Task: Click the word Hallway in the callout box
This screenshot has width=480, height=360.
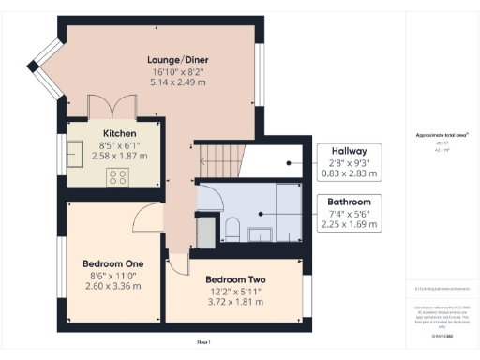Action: click(349, 151)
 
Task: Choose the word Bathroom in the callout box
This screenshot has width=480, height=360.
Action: click(349, 202)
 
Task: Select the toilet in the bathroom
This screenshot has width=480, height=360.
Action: click(232, 228)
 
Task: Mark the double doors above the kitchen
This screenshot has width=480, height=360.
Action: click(102, 105)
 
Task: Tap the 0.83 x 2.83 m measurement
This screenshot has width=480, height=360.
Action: click(349, 173)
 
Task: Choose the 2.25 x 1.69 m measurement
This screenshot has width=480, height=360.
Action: click(349, 224)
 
